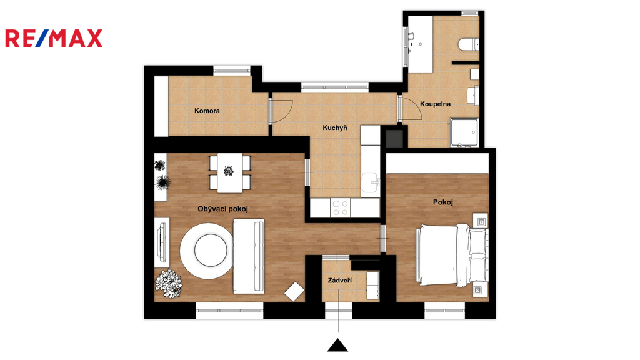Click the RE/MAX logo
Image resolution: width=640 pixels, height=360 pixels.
click(54, 38)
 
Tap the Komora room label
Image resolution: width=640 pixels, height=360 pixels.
click(207, 111)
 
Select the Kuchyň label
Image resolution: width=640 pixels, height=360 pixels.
click(335, 127)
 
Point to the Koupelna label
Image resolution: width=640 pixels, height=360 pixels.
click(435, 104)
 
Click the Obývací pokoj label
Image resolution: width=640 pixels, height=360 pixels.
click(223, 209)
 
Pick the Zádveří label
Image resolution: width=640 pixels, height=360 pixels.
click(339, 281)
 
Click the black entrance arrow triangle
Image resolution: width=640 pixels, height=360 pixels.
click(337, 345)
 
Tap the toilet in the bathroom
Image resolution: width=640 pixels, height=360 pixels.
click(469, 44)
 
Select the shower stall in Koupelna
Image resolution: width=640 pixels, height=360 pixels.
click(464, 132)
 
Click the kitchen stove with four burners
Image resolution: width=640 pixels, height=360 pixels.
click(340, 207)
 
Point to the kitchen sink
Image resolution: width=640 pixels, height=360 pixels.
click(370, 182)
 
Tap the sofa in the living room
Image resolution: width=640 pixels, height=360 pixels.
click(249, 256)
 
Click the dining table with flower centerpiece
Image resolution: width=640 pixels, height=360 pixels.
click(230, 172)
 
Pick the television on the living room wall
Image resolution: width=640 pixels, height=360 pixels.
click(162, 243)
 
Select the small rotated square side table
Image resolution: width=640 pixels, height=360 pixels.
click(294, 292)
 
